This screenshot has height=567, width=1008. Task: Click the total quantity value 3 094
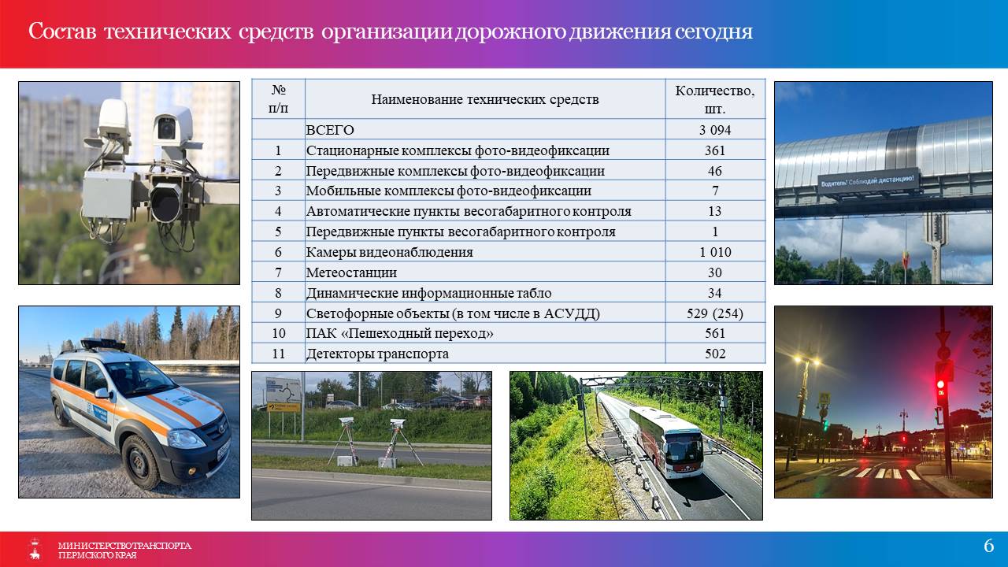pos(714,130)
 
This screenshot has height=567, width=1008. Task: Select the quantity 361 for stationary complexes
pos(714,150)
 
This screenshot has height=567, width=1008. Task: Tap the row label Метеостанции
pos(351,272)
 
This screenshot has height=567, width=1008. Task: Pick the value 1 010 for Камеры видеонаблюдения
pos(714,252)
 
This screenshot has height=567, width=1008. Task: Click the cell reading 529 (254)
pos(714,313)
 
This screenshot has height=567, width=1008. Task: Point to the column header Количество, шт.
pos(714,99)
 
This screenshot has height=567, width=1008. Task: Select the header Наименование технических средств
pos(484,99)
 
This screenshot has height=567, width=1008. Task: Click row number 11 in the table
pos(278,354)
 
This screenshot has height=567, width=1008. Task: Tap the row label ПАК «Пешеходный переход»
pos(399,333)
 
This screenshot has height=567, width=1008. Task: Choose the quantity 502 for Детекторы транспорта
pos(714,354)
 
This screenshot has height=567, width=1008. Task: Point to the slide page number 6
pos(988,546)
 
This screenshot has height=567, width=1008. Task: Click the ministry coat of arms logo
pos(35,549)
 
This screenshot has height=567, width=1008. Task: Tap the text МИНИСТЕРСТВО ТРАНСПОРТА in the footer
pos(124,546)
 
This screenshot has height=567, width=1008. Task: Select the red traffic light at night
pos(940,384)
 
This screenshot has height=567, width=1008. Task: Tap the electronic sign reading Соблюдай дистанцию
pos(868,181)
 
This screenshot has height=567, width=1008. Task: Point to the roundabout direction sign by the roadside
pos(283,390)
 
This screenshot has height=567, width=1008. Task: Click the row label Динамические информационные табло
pos(428,293)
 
